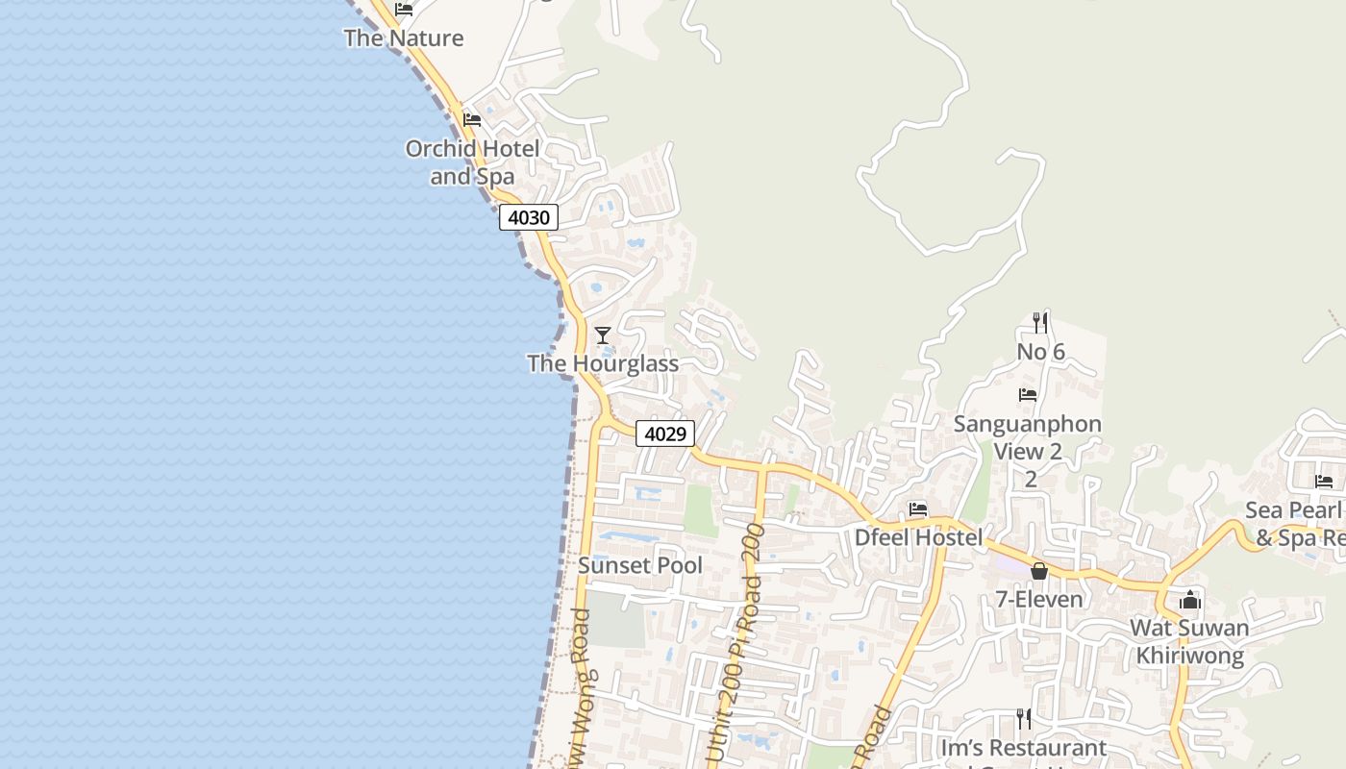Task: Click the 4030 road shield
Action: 528,217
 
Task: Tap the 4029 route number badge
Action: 664,434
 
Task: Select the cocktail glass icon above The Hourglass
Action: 603,335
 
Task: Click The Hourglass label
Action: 603,363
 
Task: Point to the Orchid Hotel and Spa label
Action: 472,162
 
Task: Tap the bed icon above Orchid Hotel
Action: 472,120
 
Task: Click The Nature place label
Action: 404,38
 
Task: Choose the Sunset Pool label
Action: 640,565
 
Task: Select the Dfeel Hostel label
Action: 919,537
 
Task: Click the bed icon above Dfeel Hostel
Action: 918,509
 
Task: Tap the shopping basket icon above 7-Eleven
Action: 1039,571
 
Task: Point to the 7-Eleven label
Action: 1039,599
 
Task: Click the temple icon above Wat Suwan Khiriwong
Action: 1190,600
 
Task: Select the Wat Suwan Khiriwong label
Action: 1190,642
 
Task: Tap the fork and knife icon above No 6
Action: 1040,322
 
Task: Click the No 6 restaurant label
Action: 1040,352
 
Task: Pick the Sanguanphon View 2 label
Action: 1028,437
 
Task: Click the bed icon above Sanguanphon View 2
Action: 1028,394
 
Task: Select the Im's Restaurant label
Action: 1024,747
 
